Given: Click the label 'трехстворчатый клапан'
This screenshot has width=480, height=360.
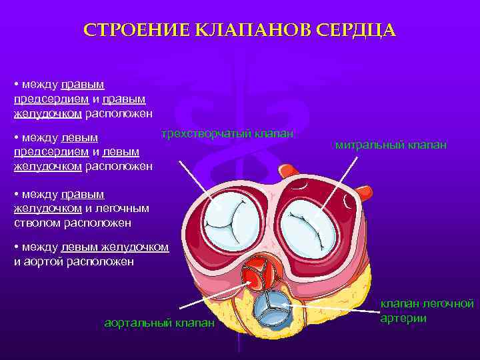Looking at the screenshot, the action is pos(227,133).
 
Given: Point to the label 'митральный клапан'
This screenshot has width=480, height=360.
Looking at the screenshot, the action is pos(391,145).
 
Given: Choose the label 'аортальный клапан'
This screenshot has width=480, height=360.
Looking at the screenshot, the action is pos(160,323).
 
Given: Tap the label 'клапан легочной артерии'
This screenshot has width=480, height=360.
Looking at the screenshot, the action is pos(427,310).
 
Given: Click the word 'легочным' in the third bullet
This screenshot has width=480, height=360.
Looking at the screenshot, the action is pos(127,208).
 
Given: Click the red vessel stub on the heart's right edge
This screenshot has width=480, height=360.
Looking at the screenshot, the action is pos(363,193).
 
